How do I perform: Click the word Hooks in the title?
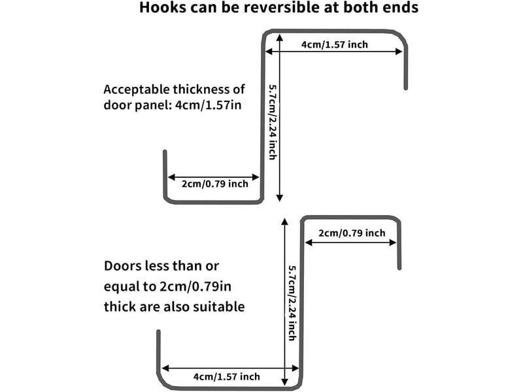point(163,7)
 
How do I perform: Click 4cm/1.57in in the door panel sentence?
point(208,105)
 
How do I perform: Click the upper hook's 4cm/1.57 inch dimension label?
point(335,44)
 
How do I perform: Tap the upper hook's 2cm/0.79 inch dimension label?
point(215,184)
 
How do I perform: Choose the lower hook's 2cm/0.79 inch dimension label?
point(352,233)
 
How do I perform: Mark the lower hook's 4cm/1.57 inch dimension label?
point(226,377)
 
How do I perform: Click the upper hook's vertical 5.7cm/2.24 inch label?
point(273,122)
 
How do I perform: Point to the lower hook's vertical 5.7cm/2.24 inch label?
point(292,302)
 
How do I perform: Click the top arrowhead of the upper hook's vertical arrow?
point(280,37)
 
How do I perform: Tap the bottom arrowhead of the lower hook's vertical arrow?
point(284,382)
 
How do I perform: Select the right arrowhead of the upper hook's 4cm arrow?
point(399,52)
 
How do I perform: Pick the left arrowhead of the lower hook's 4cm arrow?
point(165,368)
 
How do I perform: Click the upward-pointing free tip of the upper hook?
point(165,152)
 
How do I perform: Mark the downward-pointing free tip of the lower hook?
point(399,268)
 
